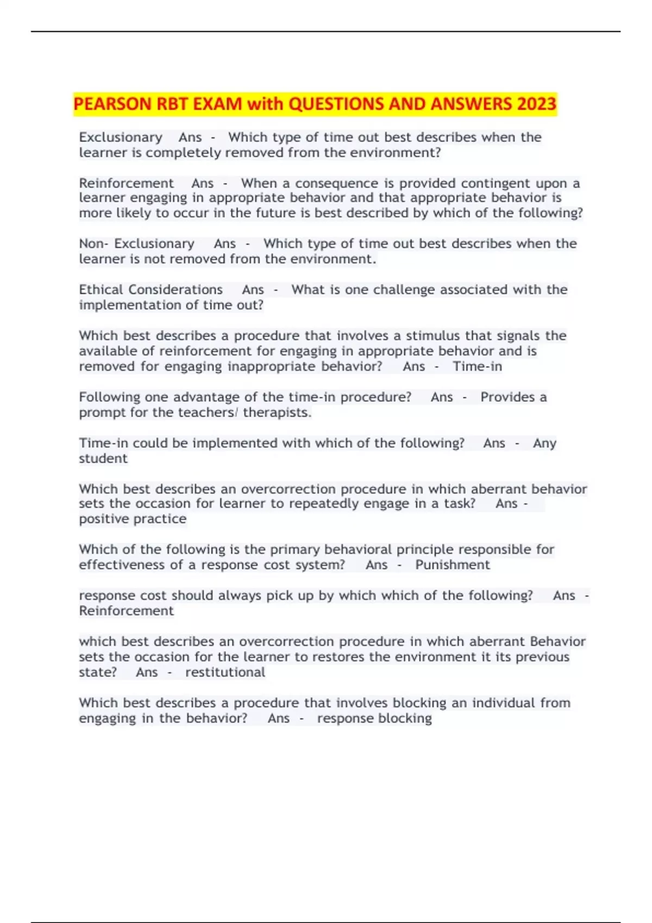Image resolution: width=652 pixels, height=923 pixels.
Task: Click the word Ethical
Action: (101, 289)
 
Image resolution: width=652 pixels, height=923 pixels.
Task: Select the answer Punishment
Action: (453, 565)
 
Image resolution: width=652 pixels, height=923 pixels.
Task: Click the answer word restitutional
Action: (225, 672)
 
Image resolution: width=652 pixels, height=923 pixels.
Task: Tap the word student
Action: (103, 458)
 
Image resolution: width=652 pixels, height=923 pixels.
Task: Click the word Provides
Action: (507, 397)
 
